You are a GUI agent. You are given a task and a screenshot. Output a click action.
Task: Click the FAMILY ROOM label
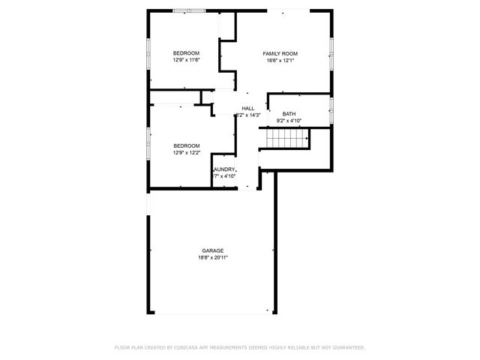[280, 53]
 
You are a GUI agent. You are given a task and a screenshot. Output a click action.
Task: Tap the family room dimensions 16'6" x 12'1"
[280, 61]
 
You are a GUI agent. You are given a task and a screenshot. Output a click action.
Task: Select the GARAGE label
[212, 250]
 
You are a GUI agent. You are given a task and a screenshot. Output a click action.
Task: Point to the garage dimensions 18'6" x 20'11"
[212, 258]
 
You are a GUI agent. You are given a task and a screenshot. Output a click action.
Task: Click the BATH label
[289, 114]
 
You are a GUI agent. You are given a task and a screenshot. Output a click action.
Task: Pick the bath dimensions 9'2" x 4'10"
[289, 121]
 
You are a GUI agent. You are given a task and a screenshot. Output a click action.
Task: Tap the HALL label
[247, 109]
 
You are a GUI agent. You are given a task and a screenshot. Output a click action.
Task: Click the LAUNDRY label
[225, 169]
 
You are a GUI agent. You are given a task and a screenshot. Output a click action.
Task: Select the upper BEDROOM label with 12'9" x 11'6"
[186, 53]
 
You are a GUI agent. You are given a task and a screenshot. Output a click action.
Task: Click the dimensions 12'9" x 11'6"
[186, 61]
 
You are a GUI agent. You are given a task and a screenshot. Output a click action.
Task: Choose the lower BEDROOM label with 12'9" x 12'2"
[186, 145]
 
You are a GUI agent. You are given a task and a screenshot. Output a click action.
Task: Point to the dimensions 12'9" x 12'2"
[186, 153]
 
